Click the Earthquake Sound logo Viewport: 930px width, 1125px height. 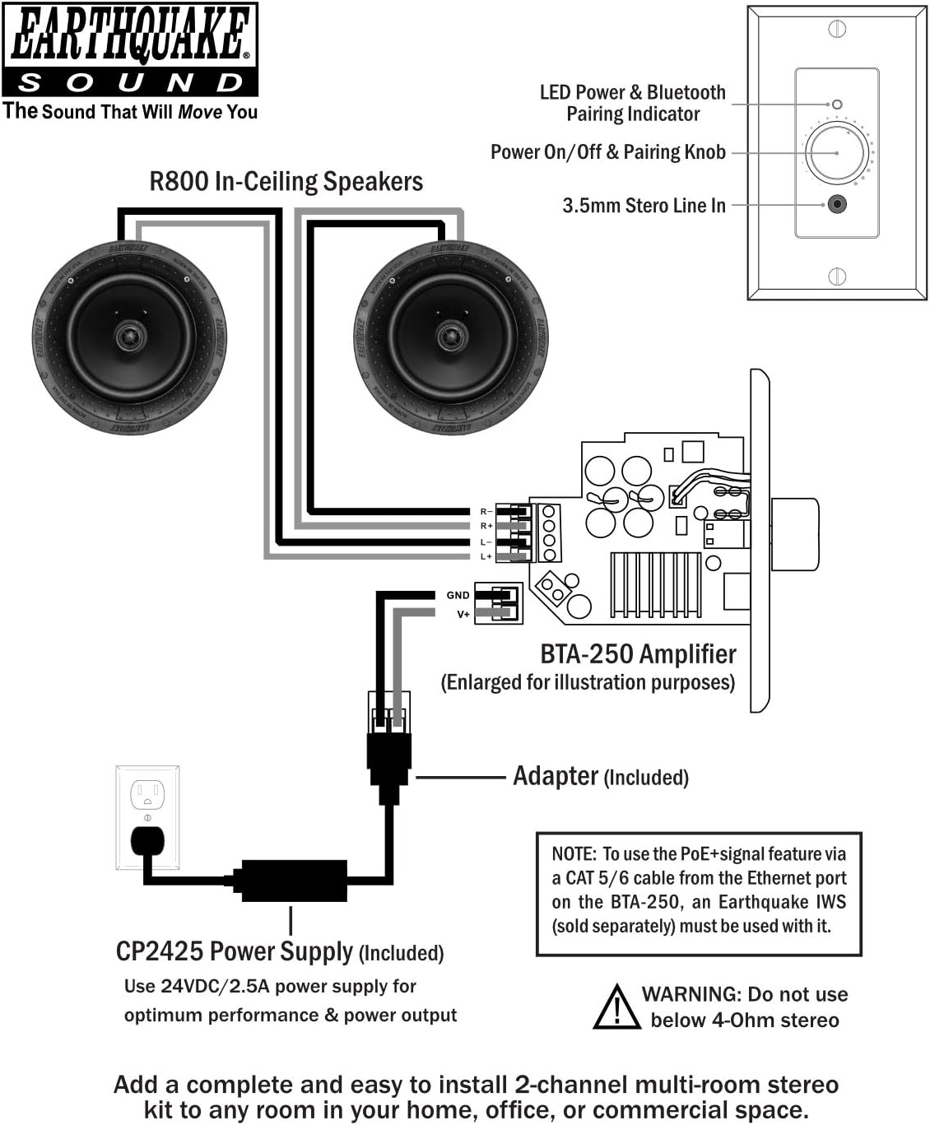pyautogui.click(x=130, y=49)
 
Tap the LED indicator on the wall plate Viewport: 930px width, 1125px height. pyautogui.click(x=837, y=105)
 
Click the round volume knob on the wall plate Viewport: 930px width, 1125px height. pyautogui.click(x=837, y=153)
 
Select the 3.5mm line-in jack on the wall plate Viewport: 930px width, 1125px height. pyautogui.click(x=837, y=204)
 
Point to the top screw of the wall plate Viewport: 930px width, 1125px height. pyautogui.click(x=837, y=30)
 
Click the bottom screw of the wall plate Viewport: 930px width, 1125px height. pyautogui.click(x=837, y=276)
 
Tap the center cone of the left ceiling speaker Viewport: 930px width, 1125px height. pyautogui.click(x=130, y=336)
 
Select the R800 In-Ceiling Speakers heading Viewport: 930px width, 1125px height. pyautogui.click(x=286, y=182)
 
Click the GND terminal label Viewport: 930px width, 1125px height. pyautogui.click(x=458, y=595)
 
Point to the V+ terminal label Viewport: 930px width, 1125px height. pyautogui.click(x=463, y=614)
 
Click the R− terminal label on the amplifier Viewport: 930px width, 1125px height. pyautogui.click(x=486, y=512)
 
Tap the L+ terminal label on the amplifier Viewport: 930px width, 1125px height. pyautogui.click(x=486, y=557)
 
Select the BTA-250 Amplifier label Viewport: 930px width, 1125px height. pyautogui.click(x=638, y=654)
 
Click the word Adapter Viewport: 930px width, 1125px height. pyautogui.click(x=556, y=776)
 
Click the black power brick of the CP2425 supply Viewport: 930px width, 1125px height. pyautogui.click(x=293, y=881)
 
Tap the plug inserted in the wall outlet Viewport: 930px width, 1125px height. pyautogui.click(x=147, y=842)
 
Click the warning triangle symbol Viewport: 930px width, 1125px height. pyautogui.click(x=616, y=1007)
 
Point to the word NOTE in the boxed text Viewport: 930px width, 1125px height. pyautogui.click(x=574, y=854)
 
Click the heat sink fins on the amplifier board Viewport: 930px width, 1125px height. pyautogui.click(x=655, y=584)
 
